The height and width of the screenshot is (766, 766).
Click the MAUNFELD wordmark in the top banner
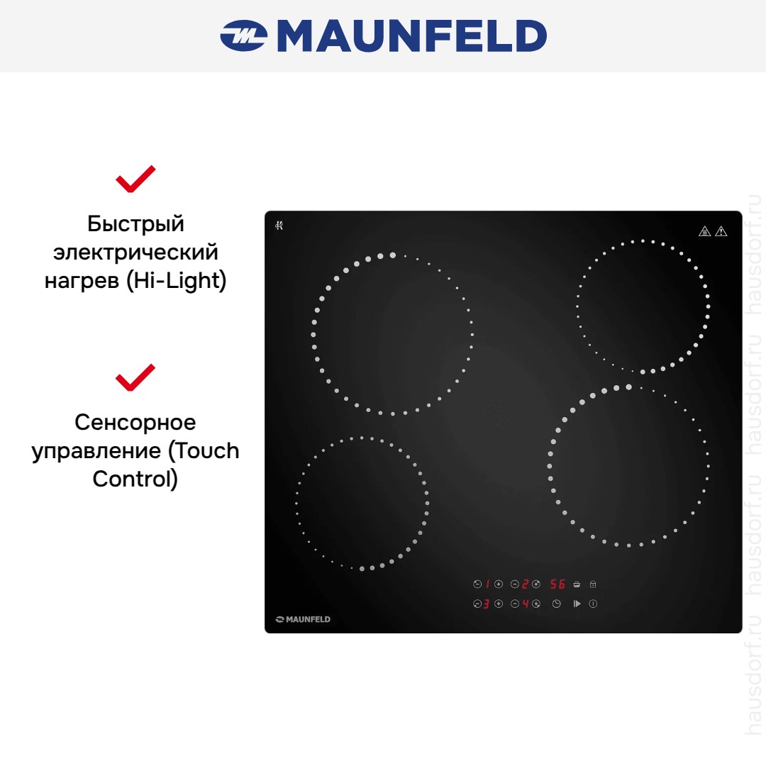412,35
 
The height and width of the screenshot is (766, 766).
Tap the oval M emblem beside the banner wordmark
243,35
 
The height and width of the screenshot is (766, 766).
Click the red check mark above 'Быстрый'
135,179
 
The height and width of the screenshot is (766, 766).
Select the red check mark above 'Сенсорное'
135,377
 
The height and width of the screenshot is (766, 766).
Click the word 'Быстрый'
135,224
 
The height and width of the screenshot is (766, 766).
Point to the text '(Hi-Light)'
177,280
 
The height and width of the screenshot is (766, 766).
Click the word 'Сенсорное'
135,422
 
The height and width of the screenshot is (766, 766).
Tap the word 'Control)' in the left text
135,479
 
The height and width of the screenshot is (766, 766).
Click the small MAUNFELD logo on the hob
303,619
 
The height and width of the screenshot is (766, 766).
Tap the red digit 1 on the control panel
487,584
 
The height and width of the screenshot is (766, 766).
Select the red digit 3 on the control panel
486,604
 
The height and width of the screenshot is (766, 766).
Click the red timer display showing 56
557,584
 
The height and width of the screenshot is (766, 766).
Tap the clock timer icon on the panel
557,604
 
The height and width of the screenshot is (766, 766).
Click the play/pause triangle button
577,604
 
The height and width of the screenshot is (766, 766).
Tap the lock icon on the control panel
593,584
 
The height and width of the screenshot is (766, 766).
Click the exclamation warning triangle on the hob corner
721,231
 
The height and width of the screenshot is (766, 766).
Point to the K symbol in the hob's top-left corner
279,226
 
